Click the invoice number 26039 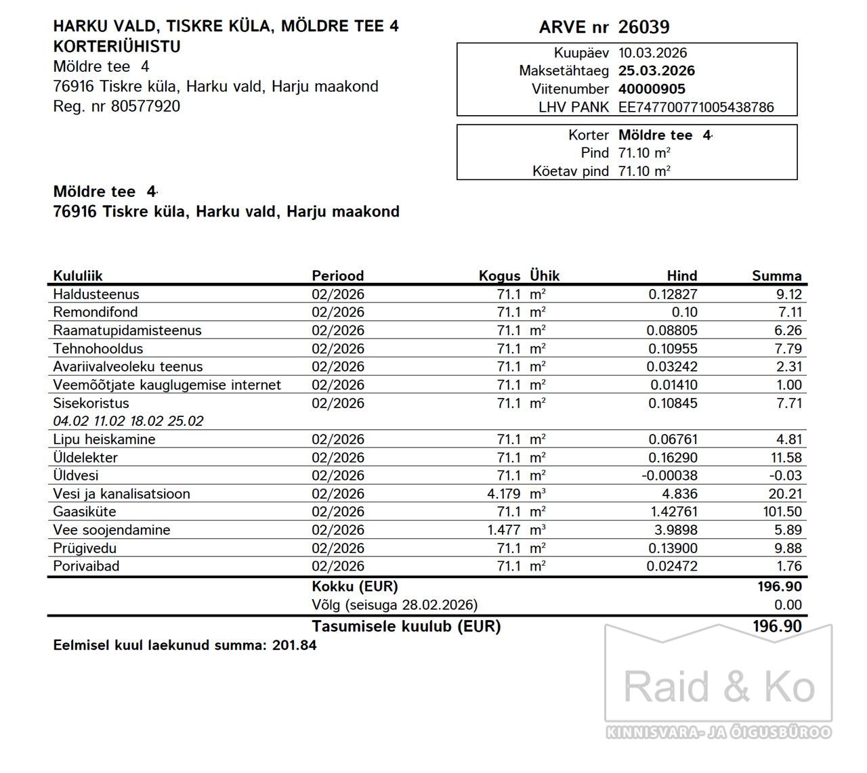click(x=643, y=27)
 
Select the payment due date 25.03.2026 click(x=656, y=70)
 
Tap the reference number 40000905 click(x=652, y=89)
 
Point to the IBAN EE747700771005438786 click(x=696, y=107)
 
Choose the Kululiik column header click(x=78, y=275)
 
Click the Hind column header click(x=681, y=275)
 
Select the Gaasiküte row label click(x=85, y=512)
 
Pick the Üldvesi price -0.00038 click(x=669, y=476)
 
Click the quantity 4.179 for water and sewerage click(x=503, y=494)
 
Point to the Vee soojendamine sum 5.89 click(x=788, y=530)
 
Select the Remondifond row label click(x=96, y=312)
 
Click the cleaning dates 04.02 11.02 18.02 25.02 click(x=128, y=421)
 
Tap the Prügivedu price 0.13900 click(x=672, y=548)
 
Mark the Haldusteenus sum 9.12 click(x=788, y=294)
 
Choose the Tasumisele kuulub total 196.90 click(x=777, y=626)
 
